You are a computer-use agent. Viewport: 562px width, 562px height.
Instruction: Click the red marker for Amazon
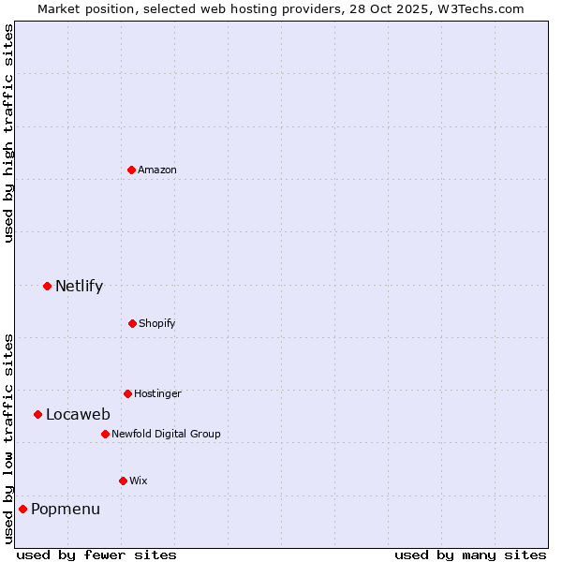[131, 170]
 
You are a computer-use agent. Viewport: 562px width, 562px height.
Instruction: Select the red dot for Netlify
[47, 286]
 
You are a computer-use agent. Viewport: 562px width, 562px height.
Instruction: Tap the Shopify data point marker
[132, 323]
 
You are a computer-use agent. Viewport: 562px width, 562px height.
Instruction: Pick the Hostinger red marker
[127, 393]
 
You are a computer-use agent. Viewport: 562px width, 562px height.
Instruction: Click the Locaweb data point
[37, 414]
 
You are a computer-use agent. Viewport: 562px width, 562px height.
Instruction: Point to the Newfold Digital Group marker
[105, 434]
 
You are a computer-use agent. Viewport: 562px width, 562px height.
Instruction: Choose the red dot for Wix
[123, 481]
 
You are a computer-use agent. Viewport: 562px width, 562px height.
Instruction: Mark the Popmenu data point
[22, 509]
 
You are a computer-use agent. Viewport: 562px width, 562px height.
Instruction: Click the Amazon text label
[157, 170]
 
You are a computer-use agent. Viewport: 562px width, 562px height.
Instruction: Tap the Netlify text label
[79, 286]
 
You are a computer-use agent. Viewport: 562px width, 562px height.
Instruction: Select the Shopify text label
[157, 323]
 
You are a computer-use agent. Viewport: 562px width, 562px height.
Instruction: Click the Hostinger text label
[157, 393]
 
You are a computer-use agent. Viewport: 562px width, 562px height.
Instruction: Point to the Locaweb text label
[78, 414]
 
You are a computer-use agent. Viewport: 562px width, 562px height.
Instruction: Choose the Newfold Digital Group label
[166, 434]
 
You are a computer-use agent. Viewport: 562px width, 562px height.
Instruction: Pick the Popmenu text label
[66, 509]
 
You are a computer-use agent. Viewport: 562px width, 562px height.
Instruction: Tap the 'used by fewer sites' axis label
[96, 555]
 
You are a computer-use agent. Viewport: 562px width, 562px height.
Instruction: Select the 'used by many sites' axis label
[470, 555]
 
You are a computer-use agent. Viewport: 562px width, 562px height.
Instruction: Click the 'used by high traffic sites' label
[8, 133]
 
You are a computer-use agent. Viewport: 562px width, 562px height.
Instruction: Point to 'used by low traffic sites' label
[8, 438]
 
